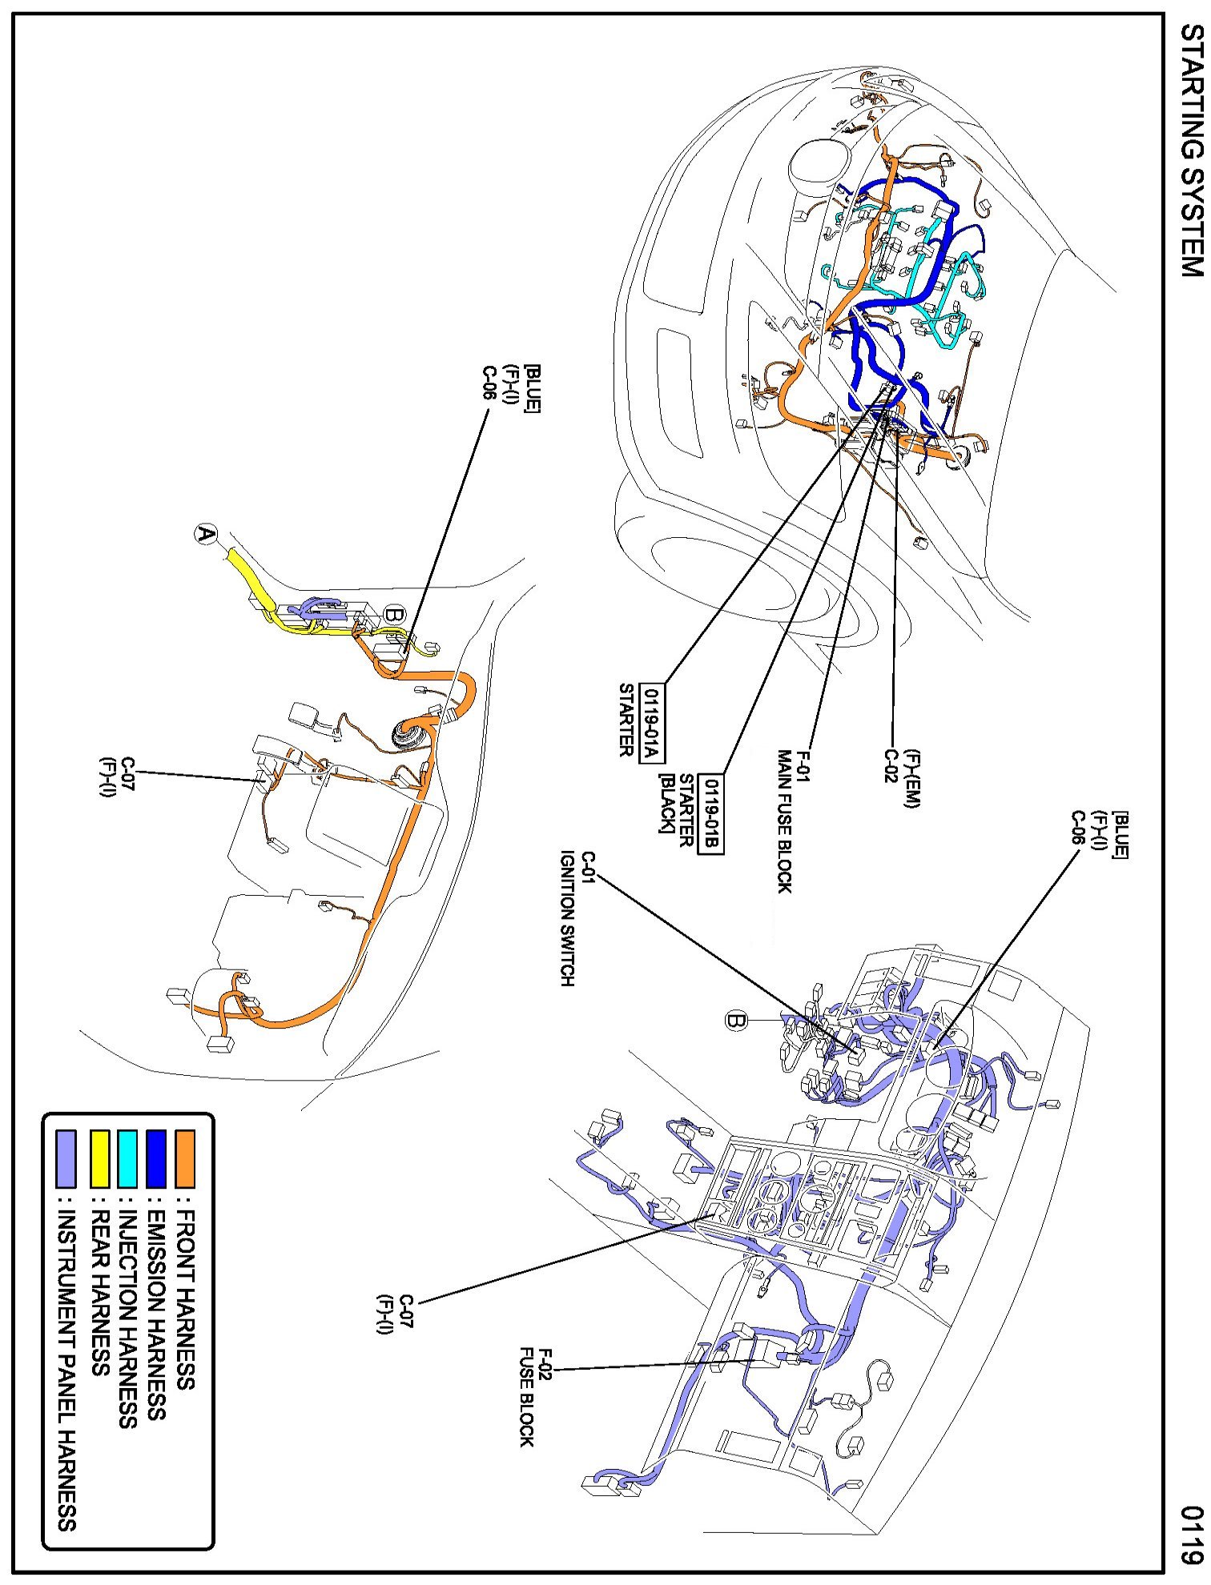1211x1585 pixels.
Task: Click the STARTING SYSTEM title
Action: tap(1191, 151)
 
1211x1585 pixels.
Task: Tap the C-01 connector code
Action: tap(588, 869)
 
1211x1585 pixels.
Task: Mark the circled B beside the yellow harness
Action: tap(395, 615)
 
